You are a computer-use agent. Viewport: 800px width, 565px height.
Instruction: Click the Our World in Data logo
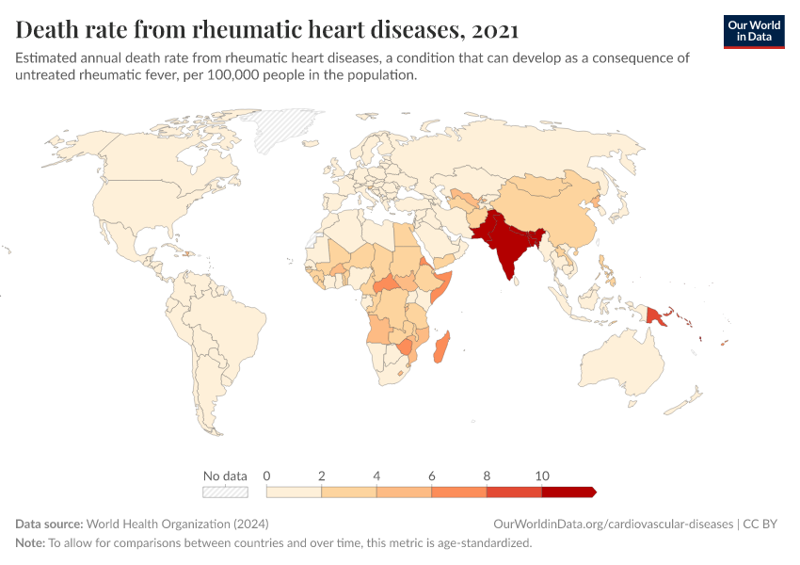[x=753, y=31]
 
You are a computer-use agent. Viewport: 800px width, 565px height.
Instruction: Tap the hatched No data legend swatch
[x=225, y=492]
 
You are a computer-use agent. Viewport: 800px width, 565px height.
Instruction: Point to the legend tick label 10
[x=542, y=476]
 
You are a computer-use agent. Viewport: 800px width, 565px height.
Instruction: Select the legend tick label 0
[x=267, y=476]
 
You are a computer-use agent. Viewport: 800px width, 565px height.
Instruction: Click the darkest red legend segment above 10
[x=568, y=492]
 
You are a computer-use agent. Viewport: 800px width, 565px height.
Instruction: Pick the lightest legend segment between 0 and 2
[x=295, y=492]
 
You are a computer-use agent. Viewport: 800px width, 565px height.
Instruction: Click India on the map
[x=507, y=250]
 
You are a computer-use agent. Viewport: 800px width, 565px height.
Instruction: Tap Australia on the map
[x=627, y=362]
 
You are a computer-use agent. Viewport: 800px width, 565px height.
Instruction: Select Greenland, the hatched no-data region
[x=287, y=129]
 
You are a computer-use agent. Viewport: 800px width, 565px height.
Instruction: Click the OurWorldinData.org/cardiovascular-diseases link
[x=612, y=524]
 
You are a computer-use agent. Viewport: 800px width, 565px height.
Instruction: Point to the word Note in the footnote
[x=29, y=542]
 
